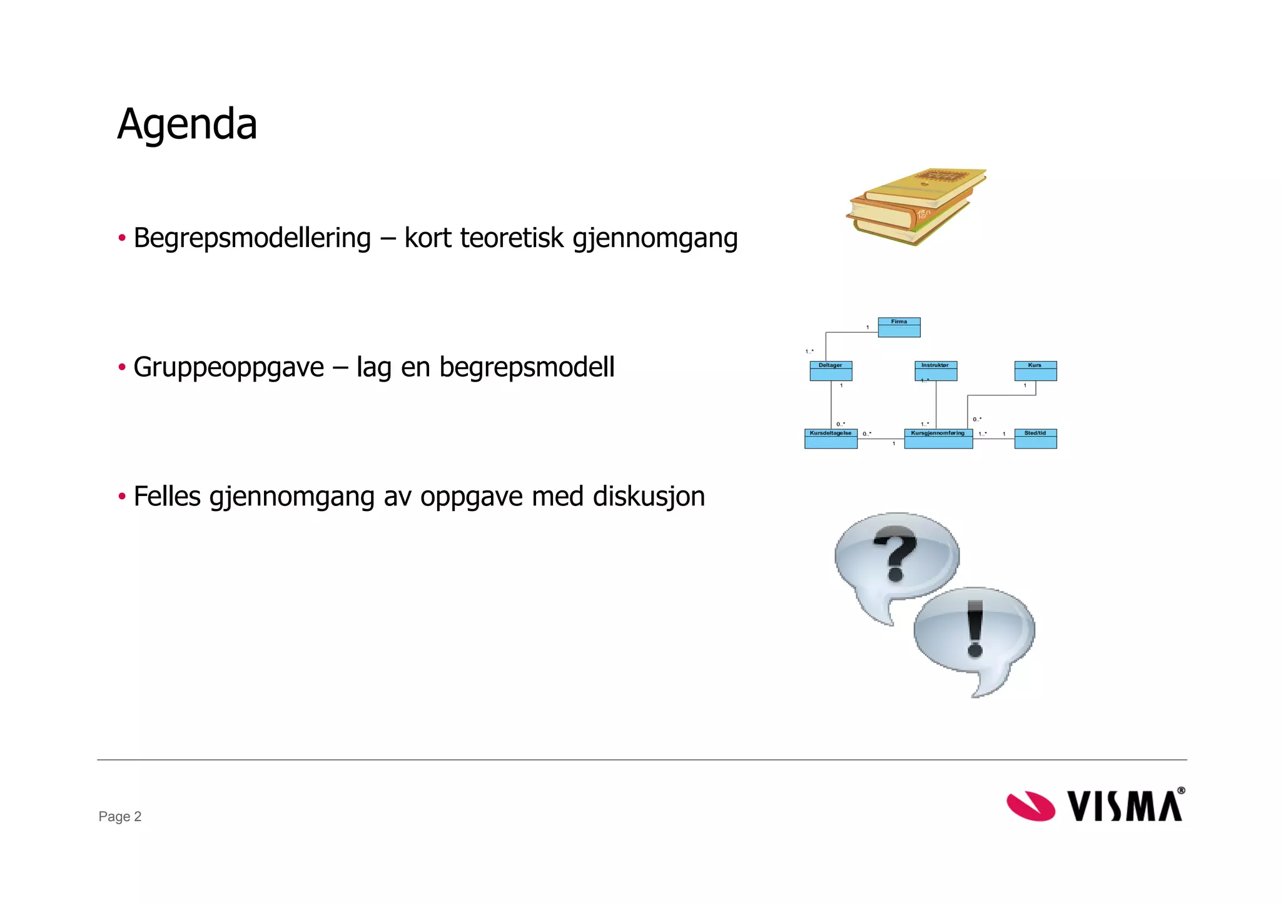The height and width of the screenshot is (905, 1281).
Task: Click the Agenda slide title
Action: pyautogui.click(x=187, y=124)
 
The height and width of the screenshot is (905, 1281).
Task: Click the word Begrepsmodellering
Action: pyautogui.click(x=252, y=238)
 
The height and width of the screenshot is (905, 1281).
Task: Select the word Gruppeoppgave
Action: pyautogui.click(x=228, y=367)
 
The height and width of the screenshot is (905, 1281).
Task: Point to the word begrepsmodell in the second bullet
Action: pyautogui.click(x=527, y=367)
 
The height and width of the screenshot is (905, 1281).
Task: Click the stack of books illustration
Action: pyautogui.click(x=916, y=206)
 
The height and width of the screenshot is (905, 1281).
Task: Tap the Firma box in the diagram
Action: pyautogui.click(x=899, y=327)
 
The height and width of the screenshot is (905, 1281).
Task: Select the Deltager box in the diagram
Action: pyautogui.click(x=831, y=371)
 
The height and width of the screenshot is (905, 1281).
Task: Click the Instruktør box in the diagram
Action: pyautogui.click(x=935, y=371)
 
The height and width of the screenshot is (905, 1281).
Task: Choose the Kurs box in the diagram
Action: pyautogui.click(x=1035, y=371)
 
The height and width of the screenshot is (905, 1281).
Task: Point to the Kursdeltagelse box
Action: pyautogui.click(x=831, y=438)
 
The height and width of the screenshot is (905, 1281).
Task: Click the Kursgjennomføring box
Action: pyautogui.click(x=938, y=438)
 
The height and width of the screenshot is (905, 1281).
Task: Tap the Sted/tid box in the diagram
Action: pyautogui.click(x=1035, y=438)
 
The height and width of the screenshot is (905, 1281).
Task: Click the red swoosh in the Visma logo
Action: pyautogui.click(x=1030, y=806)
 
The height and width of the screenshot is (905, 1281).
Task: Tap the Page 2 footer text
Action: pyautogui.click(x=120, y=816)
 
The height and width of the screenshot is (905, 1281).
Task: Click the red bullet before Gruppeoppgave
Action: pyautogui.click(x=122, y=367)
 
